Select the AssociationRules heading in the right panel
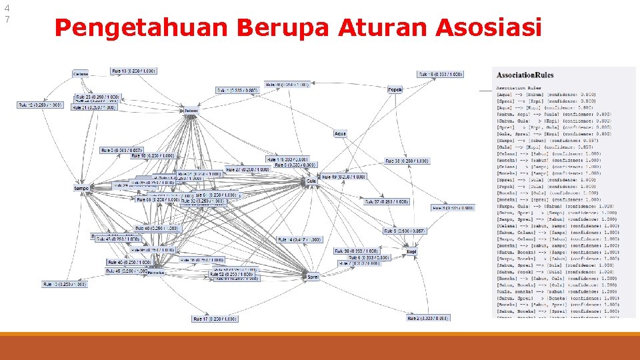[525, 75]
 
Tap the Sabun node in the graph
[191, 111]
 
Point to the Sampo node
[81, 189]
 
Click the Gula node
[311, 181]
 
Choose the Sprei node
[311, 276]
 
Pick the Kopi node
[412, 252]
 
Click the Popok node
[395, 89]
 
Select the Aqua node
[340, 134]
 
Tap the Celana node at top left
[80, 74]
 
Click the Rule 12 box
[40, 105]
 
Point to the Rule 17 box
[215, 319]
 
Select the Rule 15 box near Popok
[436, 74]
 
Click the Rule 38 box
[402, 161]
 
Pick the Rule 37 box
[387, 201]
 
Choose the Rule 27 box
[247, 169]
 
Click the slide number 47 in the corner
[7, 13]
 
